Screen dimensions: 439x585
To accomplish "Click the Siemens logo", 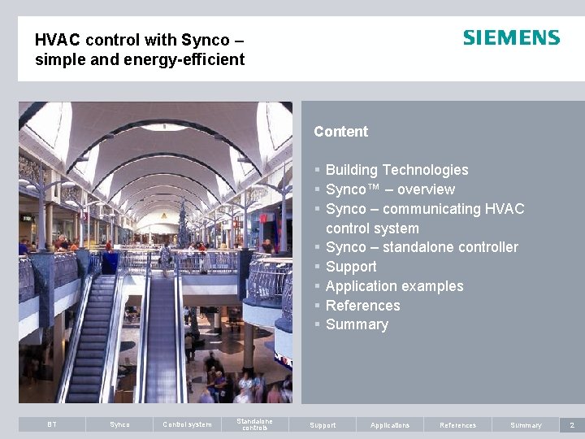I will coord(511,38).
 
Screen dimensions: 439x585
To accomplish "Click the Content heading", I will coord(340,132).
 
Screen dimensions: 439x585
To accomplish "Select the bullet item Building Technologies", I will coord(396,170).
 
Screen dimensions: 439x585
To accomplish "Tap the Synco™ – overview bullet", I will coord(390,189).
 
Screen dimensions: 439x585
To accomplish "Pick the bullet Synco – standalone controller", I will coord(421,247).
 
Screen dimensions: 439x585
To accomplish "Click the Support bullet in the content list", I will coord(351,267).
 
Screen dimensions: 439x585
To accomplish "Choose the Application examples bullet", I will coord(394,286).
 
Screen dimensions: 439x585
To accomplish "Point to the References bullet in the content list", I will coord(362,306).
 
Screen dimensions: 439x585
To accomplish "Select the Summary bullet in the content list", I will coord(357,324).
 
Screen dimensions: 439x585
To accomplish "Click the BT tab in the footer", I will coord(52,424).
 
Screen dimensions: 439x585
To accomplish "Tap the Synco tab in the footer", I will coord(119,424).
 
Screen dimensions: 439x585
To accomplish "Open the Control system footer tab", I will coord(187,424).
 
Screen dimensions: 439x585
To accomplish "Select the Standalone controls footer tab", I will coord(254,424).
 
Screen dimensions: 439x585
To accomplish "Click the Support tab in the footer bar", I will coord(323,424).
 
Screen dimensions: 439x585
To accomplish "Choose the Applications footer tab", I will coord(390,424).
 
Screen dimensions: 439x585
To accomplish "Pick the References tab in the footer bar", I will coord(458,424).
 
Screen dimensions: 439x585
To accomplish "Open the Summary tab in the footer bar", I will coord(526,424).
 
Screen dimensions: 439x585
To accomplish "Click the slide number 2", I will coord(572,424).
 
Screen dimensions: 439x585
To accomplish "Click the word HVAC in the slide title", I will coord(54,40).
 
